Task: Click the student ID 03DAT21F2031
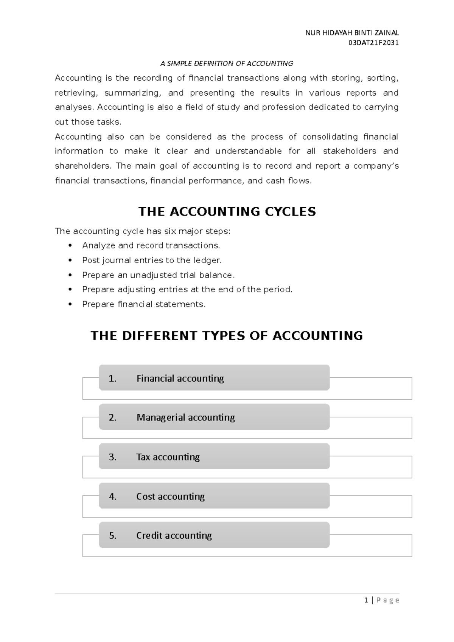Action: (x=373, y=43)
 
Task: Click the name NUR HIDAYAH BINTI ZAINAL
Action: (x=352, y=33)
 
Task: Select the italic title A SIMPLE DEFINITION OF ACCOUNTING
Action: (x=227, y=64)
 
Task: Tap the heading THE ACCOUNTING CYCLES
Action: (x=227, y=212)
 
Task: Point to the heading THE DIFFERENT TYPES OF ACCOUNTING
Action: (x=227, y=336)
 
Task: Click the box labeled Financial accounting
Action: (x=214, y=378)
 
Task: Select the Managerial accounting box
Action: (x=214, y=417)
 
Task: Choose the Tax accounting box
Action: (x=214, y=457)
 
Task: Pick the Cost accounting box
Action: (x=214, y=496)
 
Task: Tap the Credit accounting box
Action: (x=214, y=535)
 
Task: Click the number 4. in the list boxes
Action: (x=112, y=496)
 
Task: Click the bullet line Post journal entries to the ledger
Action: (x=152, y=261)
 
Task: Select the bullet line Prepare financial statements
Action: (x=144, y=304)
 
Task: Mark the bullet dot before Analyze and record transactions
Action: (x=70, y=246)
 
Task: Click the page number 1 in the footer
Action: (x=366, y=600)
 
